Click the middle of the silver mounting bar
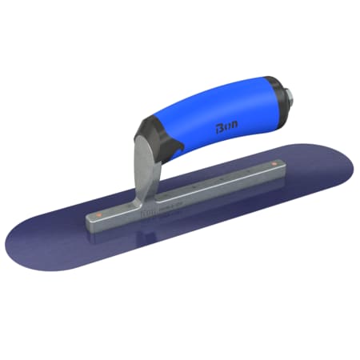192,192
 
